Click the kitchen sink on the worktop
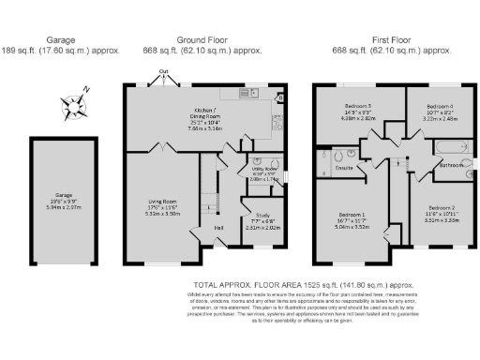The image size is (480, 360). click(252, 93)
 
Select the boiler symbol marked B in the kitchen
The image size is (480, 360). click(280, 97)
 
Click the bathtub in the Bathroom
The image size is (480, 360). click(448, 148)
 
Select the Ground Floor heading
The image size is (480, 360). click(204, 40)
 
